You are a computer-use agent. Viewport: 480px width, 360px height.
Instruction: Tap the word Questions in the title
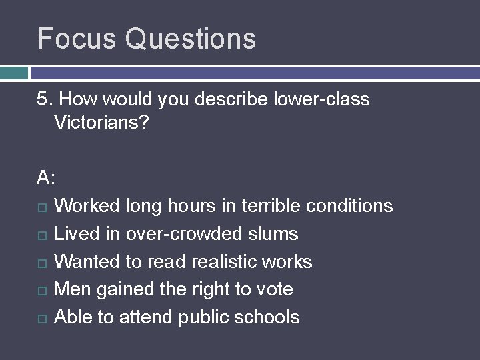click(x=191, y=39)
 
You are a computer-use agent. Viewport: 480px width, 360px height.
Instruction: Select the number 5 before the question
click(x=43, y=100)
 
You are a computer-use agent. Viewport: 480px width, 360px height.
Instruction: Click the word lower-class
click(x=321, y=100)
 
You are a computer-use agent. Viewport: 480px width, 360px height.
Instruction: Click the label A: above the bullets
click(x=47, y=178)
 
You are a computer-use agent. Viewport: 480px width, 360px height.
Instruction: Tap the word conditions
click(x=349, y=206)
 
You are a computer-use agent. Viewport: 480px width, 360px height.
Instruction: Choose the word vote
click(x=274, y=289)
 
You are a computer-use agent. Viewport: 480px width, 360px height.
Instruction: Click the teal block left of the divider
click(x=14, y=73)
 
